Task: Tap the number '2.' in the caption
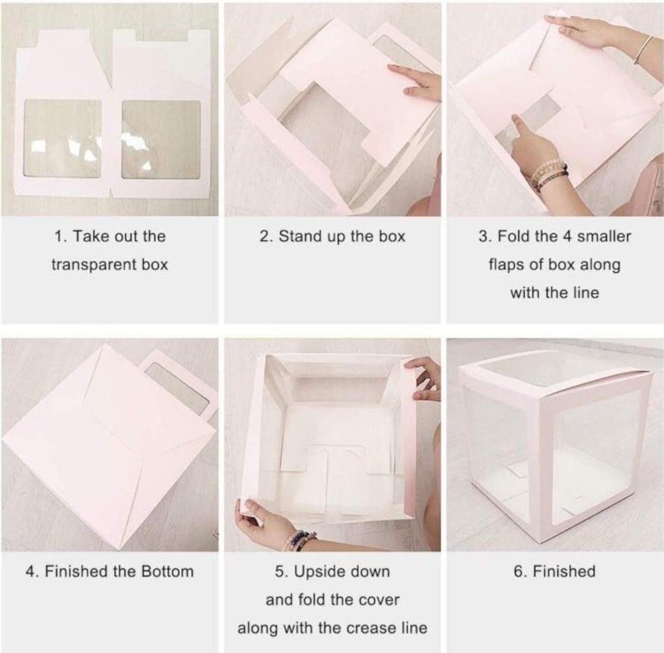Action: (266, 237)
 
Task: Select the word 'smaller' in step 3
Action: (604, 237)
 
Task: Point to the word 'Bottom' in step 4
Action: (166, 572)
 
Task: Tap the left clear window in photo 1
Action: (62, 139)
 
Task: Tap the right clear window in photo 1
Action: (161, 140)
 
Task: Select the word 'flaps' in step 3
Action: (507, 265)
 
